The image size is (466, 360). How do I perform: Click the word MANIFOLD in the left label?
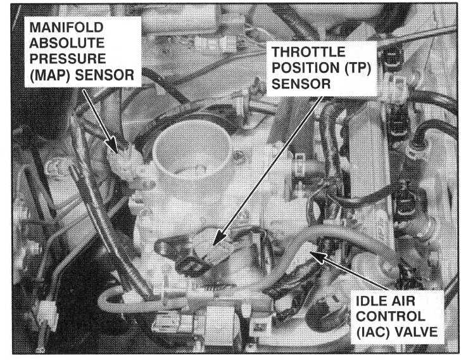tap(66, 27)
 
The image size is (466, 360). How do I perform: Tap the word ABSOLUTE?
tap(67, 43)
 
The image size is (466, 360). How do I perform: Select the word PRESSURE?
tap(68, 58)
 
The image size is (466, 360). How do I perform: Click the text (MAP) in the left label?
tap(50, 75)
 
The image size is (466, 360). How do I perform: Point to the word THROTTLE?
tap(308, 52)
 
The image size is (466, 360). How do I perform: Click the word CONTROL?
tap(391, 316)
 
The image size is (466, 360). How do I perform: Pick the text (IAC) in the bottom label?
tap(373, 332)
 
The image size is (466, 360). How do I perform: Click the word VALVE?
tap(415, 331)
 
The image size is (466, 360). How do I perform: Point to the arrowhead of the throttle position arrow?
tap(218, 238)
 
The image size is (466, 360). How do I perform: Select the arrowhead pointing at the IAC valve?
tap(318, 257)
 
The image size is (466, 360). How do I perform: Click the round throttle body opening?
tap(192, 150)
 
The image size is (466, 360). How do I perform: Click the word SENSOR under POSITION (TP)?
tap(301, 84)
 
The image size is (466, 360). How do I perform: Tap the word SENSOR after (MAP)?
tap(104, 75)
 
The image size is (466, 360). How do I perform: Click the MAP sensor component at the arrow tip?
tap(126, 164)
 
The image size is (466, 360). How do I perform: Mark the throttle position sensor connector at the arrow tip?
tap(214, 252)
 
